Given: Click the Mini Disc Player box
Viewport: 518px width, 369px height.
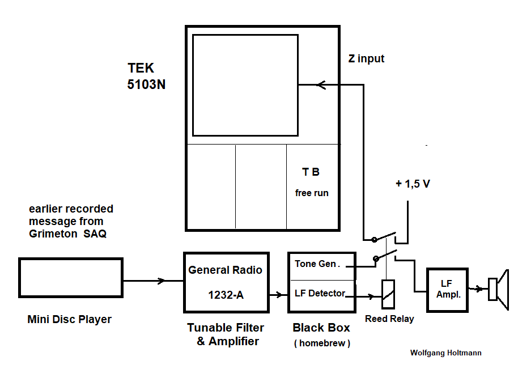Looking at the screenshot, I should point(70,278).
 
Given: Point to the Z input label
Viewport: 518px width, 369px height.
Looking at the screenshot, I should point(366,58).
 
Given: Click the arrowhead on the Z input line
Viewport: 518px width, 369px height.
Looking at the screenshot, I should point(321,86).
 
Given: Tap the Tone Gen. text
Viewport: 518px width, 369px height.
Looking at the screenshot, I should point(316,264).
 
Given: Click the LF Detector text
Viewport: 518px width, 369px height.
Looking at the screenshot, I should point(320,293).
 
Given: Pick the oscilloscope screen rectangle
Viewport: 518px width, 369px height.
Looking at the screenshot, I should point(245,86).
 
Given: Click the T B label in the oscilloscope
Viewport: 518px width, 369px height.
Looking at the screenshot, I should point(311,172).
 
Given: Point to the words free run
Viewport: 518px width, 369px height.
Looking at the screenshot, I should point(312,193).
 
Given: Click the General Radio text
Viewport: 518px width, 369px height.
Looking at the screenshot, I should point(225,270).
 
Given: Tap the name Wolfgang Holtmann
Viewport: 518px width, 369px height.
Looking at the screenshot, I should point(445,353).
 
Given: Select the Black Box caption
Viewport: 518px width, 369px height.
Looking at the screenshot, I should point(321,328).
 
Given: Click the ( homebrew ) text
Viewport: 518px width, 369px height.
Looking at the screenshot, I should point(322,343).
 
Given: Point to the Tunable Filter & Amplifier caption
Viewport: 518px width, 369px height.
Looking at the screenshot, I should point(226,334).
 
